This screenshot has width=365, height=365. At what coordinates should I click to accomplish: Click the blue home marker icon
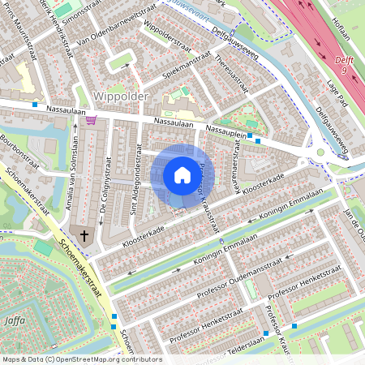tap(182, 174)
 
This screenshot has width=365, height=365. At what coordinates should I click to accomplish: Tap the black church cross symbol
tap(83, 235)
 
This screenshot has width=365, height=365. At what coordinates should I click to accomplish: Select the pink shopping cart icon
tap(91, 120)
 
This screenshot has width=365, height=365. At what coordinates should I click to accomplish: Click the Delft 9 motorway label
tap(343, 66)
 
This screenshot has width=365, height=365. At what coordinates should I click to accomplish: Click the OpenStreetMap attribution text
tap(81, 359)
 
